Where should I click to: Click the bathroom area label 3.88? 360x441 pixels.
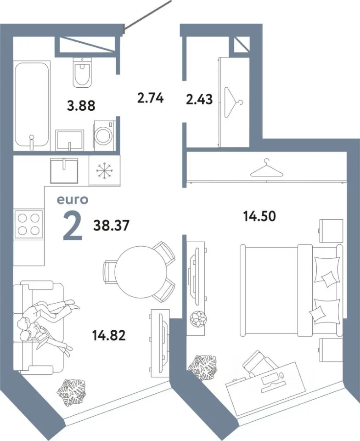pyautogui.click(x=81, y=106)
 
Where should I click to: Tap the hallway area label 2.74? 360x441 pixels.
pyautogui.click(x=150, y=98)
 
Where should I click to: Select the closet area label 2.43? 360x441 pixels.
pyautogui.click(x=199, y=100)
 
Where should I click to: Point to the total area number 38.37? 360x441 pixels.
pyautogui.click(x=111, y=225)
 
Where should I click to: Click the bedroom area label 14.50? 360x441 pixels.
pyautogui.click(x=259, y=216)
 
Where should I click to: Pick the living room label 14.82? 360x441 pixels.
pyautogui.click(x=109, y=335)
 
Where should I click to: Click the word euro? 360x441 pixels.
pyautogui.click(x=73, y=200)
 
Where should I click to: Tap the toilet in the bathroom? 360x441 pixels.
pyautogui.click(x=82, y=72)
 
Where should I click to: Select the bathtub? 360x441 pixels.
pyautogui.click(x=32, y=105)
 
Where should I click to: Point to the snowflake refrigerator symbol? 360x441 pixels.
pyautogui.click(x=105, y=170)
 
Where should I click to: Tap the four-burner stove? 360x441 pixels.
pyautogui.click(x=28, y=224)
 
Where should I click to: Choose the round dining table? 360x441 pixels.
pyautogui.click(x=141, y=271)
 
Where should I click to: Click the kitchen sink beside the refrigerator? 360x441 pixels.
pyautogui.click(x=64, y=170)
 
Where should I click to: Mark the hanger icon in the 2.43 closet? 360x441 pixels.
pyautogui.click(x=234, y=102)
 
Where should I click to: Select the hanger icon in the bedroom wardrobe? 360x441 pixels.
pyautogui.click(x=267, y=168)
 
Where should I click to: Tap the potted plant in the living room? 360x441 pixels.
pyautogui.click(x=71, y=393)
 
